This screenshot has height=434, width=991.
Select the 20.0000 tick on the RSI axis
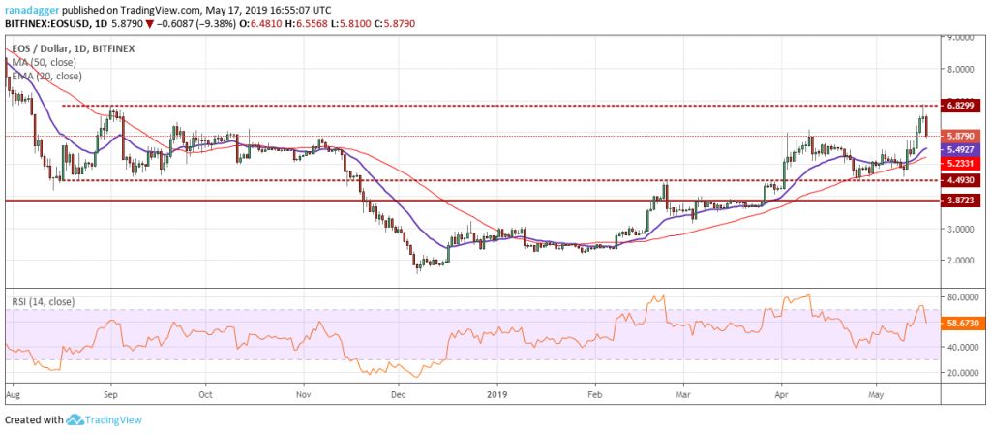coord(960,372)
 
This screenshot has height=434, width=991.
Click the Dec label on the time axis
coord(398,394)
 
